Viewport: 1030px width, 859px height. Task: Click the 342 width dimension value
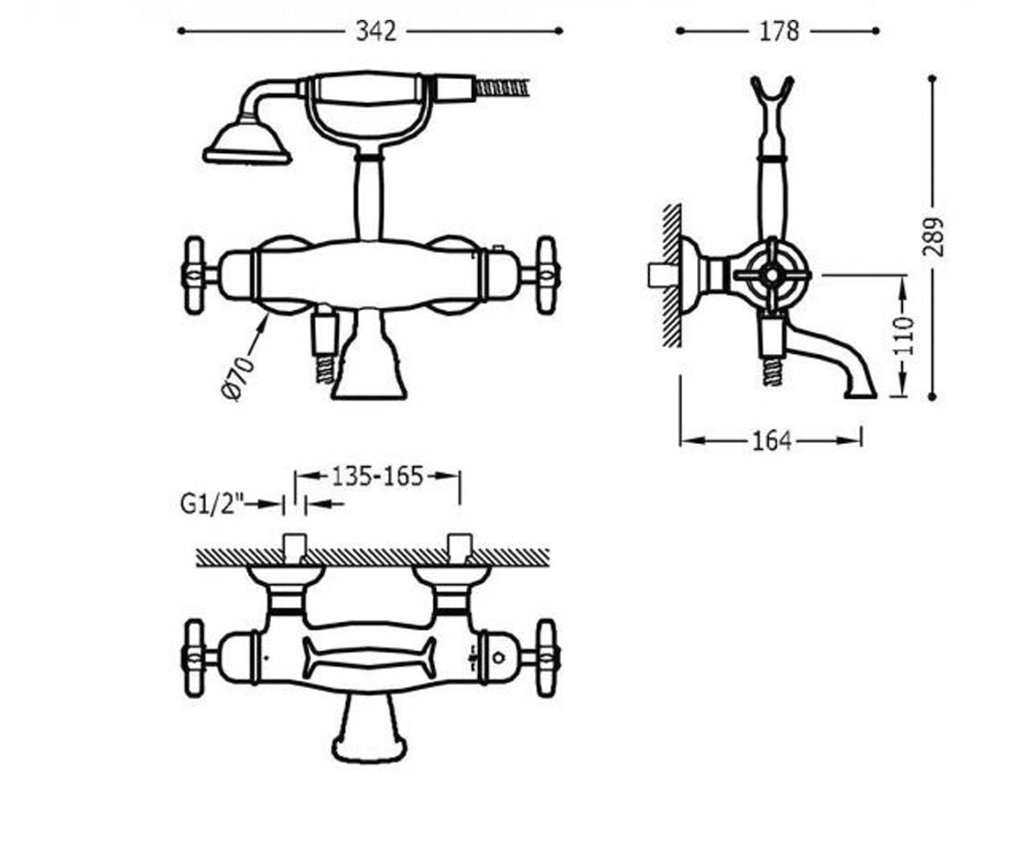[x=376, y=32]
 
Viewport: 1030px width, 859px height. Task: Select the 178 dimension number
[x=779, y=32]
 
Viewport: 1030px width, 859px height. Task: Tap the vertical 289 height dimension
[x=932, y=237]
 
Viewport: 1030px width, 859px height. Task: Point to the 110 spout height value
[x=903, y=336]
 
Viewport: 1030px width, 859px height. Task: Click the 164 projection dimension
[x=772, y=441]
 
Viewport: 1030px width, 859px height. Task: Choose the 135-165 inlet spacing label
[x=378, y=477]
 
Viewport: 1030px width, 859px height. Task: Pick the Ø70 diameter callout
[x=239, y=378]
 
